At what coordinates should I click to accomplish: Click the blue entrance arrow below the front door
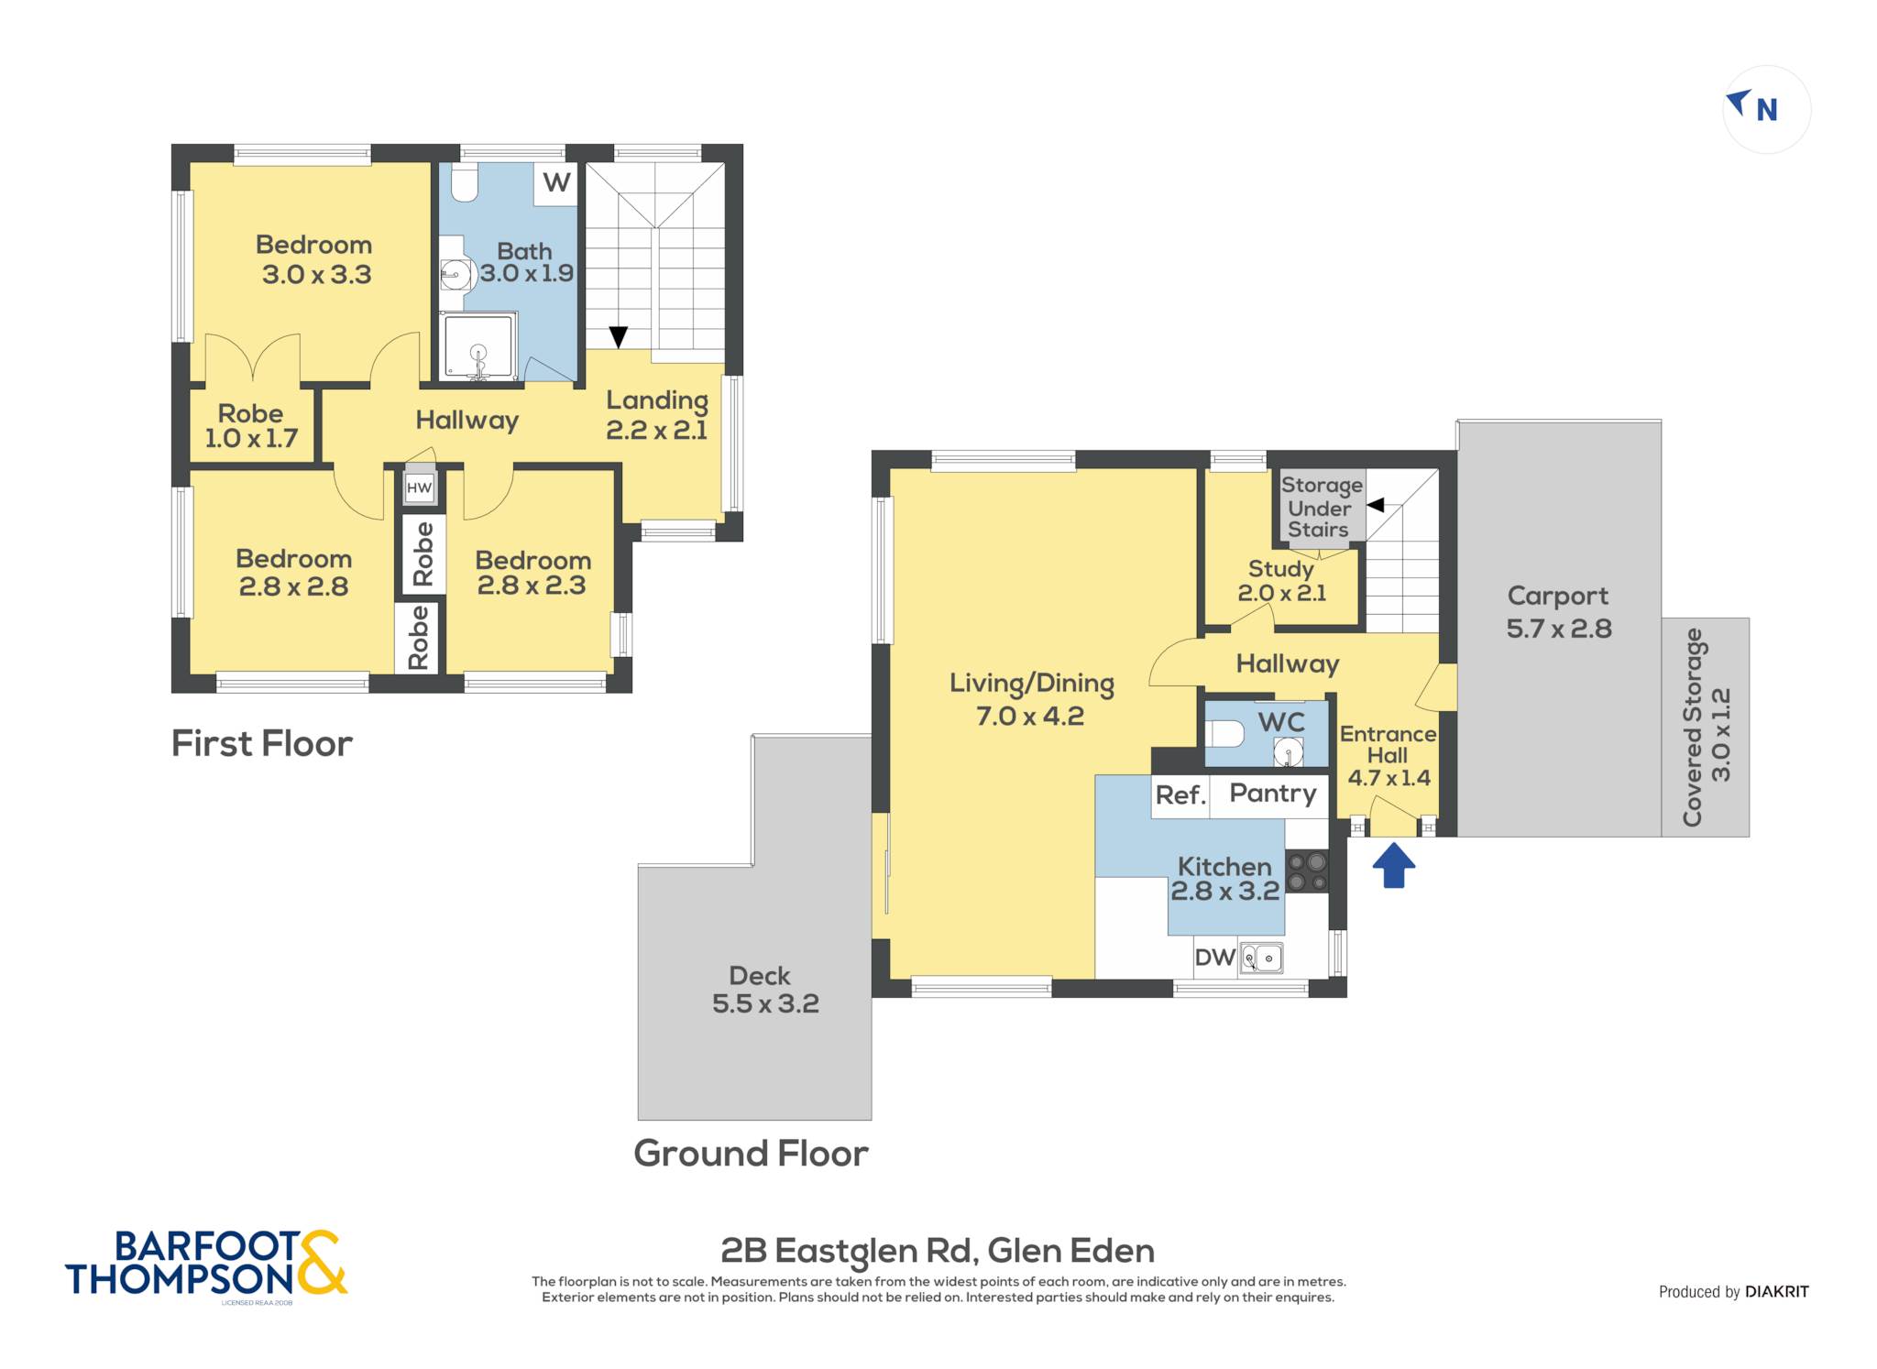[1393, 866]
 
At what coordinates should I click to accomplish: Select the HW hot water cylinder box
[419, 487]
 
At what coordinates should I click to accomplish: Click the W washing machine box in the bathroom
[555, 183]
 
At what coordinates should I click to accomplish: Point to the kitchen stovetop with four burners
[1307, 871]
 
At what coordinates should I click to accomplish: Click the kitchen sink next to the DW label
[1261, 958]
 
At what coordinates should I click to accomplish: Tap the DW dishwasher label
[1215, 958]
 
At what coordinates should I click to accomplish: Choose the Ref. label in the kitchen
[1180, 795]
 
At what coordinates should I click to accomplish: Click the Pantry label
[1272, 794]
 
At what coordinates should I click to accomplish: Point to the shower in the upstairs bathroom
[478, 346]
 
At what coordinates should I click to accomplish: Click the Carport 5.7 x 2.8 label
[1558, 612]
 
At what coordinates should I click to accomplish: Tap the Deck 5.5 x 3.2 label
[765, 990]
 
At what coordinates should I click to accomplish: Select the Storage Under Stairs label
[1321, 507]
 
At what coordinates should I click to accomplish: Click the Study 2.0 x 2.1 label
[1281, 581]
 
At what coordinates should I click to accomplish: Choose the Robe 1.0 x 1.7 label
[251, 426]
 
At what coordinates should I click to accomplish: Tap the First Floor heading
[262, 744]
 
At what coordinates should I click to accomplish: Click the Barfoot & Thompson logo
[206, 1264]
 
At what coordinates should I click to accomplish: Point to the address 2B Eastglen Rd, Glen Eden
[938, 1251]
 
